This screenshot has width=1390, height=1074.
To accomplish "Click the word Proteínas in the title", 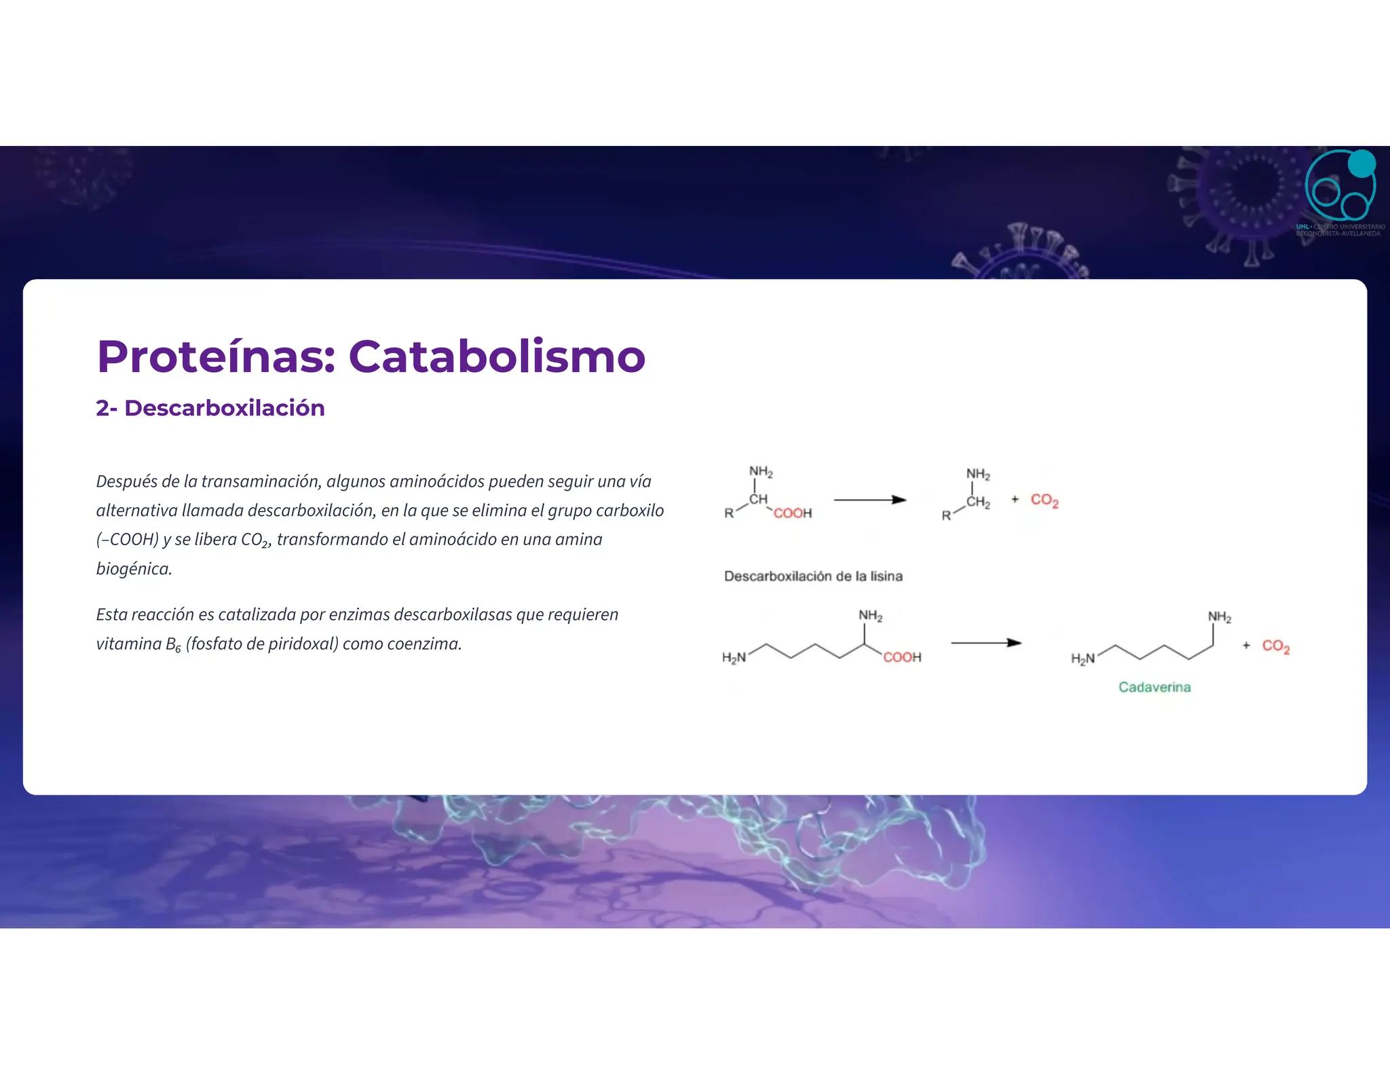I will tap(216, 356).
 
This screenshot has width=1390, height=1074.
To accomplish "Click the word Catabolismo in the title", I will tap(497, 356).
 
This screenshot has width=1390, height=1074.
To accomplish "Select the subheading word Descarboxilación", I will tap(225, 408).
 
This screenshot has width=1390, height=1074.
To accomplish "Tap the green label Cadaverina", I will tap(1154, 687).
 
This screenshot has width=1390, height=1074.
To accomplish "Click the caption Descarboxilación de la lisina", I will tap(813, 576).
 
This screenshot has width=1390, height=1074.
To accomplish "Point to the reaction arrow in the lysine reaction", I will tap(985, 643).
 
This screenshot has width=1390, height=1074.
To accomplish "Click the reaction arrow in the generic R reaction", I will tap(869, 500).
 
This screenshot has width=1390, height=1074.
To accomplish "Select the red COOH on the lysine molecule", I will tap(902, 657).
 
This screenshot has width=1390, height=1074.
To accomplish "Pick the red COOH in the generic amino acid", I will tap(792, 513).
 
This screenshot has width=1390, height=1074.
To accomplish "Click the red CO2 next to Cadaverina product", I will tap(1275, 646).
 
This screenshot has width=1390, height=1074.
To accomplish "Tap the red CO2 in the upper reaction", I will tap(1044, 500).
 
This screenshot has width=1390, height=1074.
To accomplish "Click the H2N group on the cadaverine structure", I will tap(1083, 659).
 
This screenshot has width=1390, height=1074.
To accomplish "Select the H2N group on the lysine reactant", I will tap(734, 657).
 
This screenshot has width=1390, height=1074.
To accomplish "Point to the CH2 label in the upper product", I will tap(978, 503).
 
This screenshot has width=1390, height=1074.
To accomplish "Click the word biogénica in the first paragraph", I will tap(133, 568).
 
